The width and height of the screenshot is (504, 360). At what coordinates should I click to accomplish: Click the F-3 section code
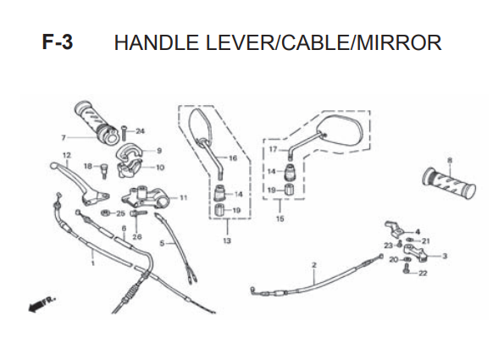click(58, 42)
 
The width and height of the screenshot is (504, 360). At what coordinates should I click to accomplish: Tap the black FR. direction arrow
click(42, 304)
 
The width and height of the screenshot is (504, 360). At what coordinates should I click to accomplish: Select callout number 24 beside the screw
click(140, 131)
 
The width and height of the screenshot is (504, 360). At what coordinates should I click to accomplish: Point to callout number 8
click(449, 160)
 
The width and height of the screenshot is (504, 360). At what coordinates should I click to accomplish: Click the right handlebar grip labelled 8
click(449, 183)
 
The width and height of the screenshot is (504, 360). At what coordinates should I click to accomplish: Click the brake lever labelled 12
click(80, 183)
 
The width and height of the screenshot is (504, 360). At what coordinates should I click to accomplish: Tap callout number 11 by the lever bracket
click(183, 197)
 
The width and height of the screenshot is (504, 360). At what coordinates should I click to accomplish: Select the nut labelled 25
click(105, 213)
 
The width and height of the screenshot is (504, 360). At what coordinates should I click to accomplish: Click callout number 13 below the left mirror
click(227, 241)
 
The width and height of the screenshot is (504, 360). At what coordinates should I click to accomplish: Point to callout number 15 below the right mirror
click(280, 219)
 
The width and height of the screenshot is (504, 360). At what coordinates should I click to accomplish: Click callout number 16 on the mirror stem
click(233, 158)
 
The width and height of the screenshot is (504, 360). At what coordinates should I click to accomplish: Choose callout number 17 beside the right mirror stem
click(273, 149)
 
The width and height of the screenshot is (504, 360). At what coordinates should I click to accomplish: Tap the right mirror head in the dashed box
click(341, 131)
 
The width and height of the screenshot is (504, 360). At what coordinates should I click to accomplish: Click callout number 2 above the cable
click(314, 265)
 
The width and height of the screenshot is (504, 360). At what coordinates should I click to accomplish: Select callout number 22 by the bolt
click(423, 274)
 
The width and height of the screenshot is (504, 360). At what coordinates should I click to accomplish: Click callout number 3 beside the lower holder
click(445, 256)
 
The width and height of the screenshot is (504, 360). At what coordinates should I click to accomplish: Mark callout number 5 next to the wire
click(162, 243)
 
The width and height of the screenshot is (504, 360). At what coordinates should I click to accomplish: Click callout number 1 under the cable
click(93, 263)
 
